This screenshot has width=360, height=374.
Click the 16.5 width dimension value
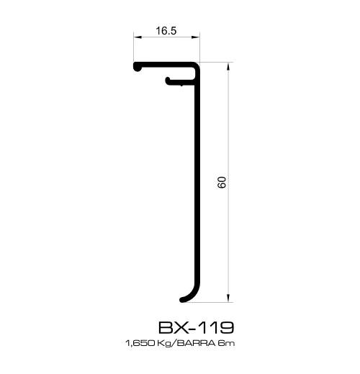(x=166, y=31)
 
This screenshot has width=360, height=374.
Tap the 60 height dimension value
(x=222, y=182)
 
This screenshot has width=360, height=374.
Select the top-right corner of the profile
(x=198, y=65)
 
